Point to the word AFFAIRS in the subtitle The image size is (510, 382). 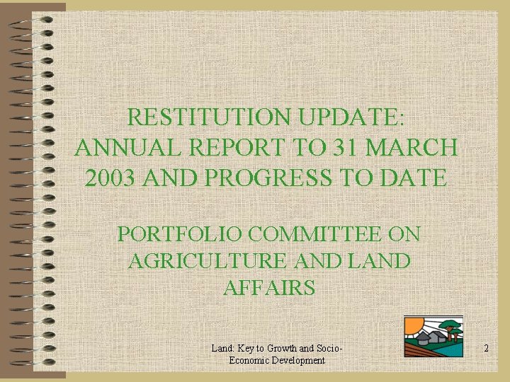pyautogui.click(x=268, y=288)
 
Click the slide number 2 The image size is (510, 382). pyautogui.click(x=486, y=348)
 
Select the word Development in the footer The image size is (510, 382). pyautogui.click(x=298, y=360)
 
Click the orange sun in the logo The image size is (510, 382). pyautogui.click(x=412, y=328)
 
